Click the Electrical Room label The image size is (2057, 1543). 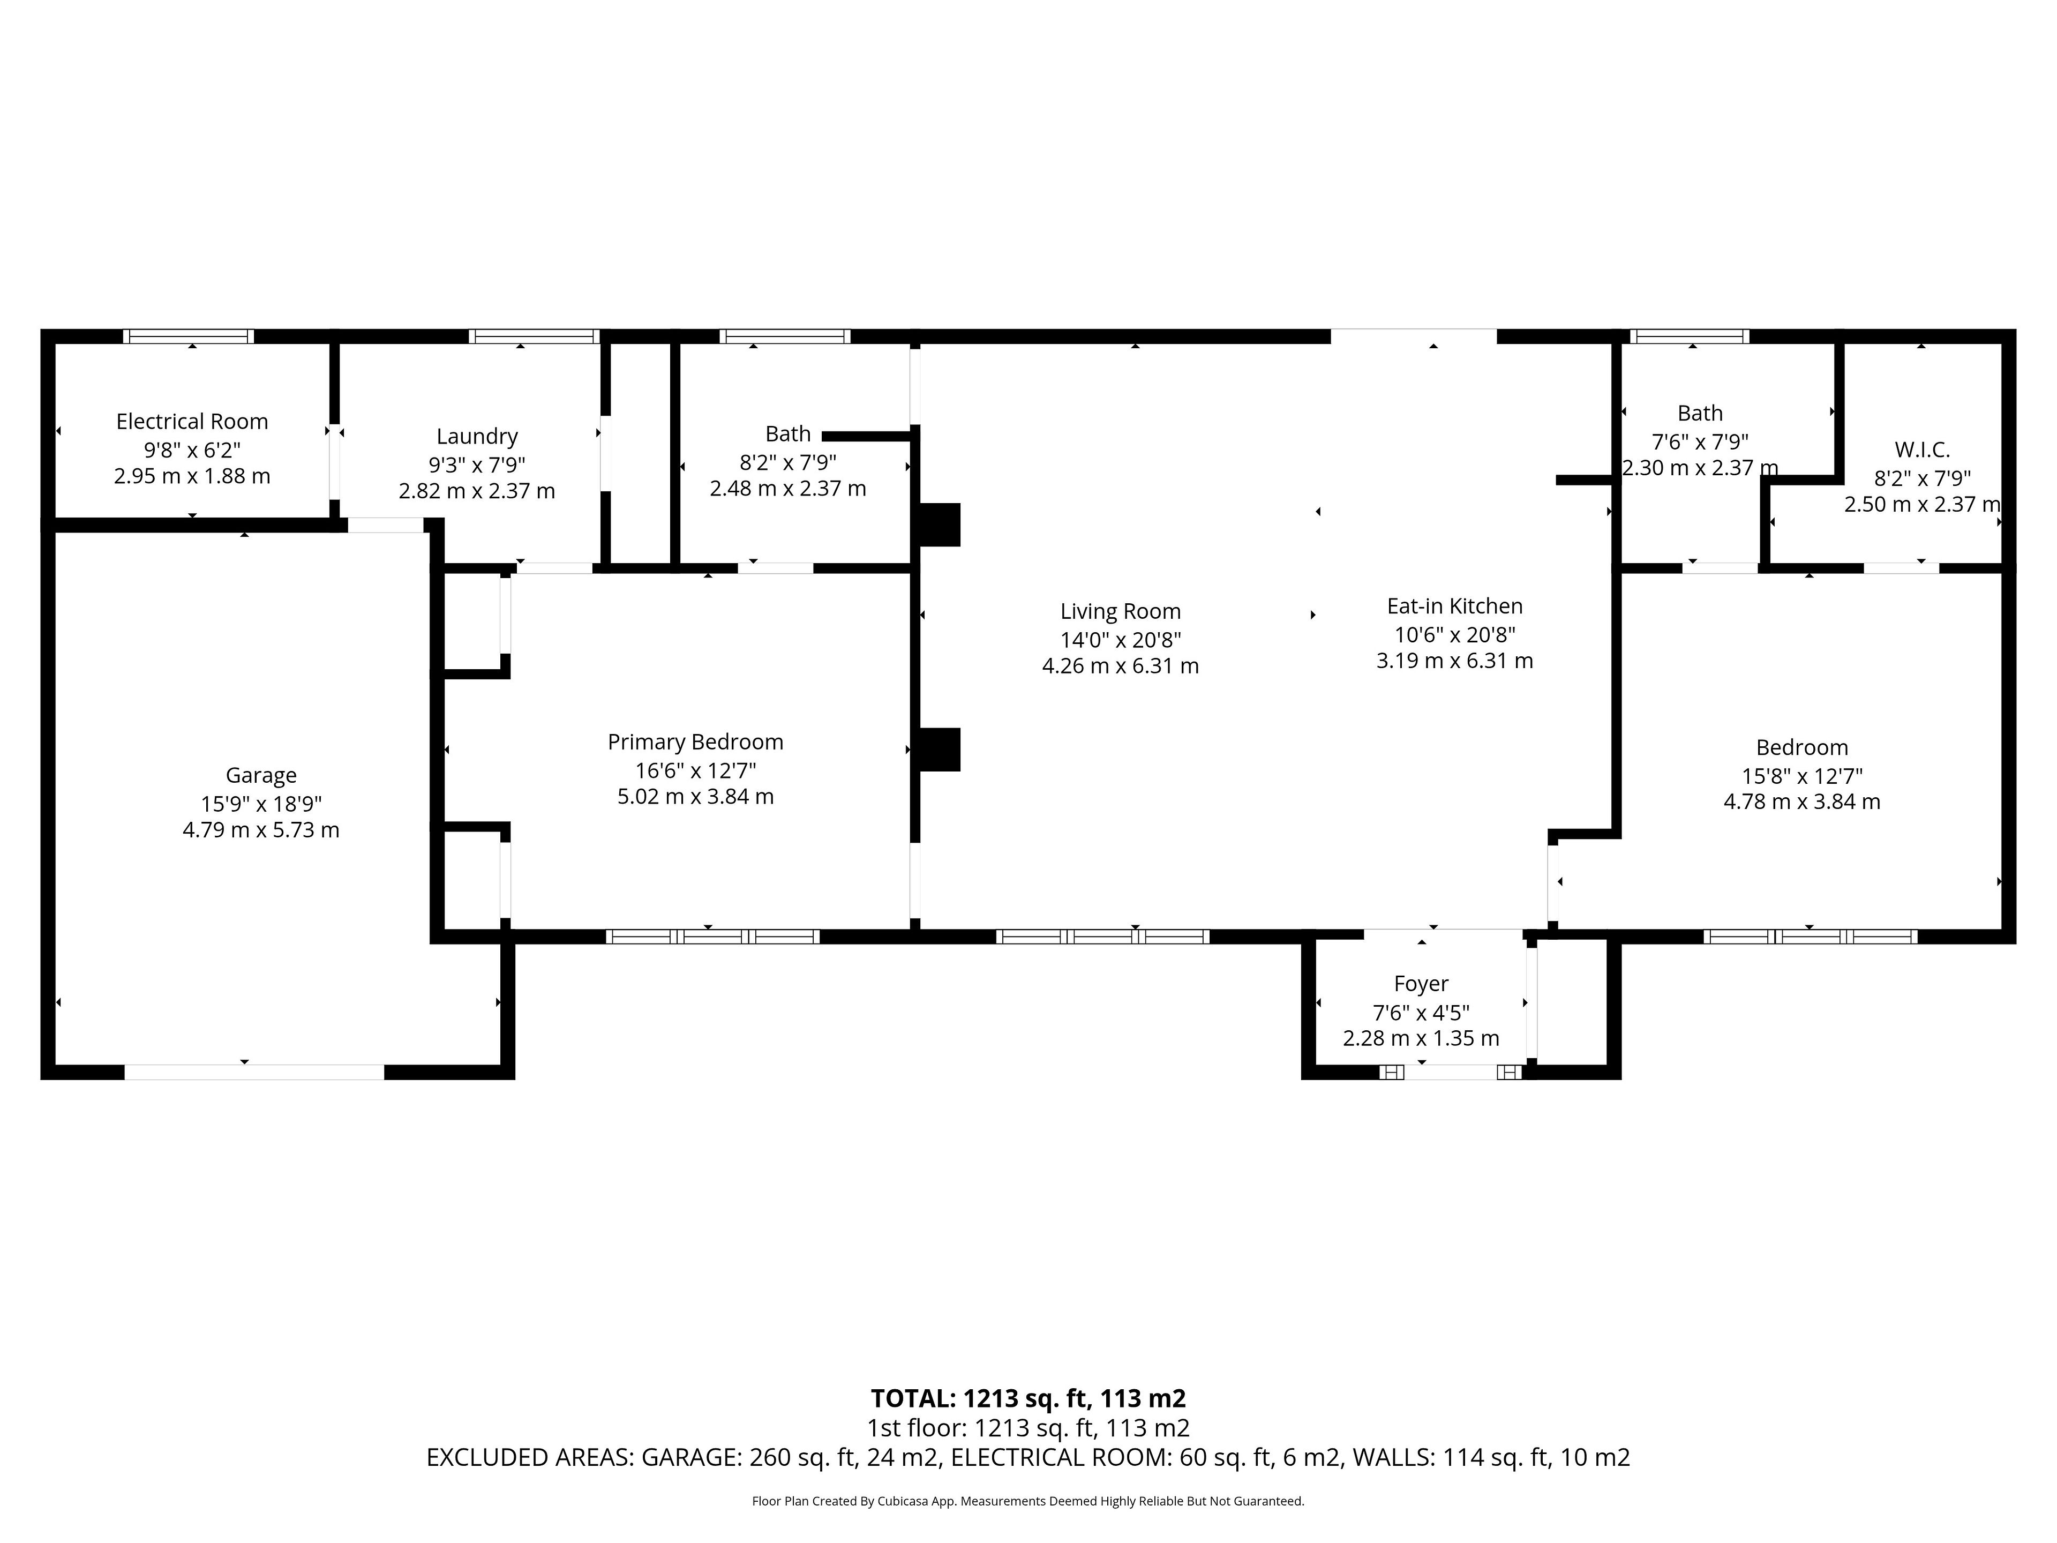pos(192,421)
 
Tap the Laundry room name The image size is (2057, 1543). pos(477,436)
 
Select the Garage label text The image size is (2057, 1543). pos(261,775)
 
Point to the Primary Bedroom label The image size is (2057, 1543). pos(696,742)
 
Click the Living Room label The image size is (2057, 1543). pos(1121,612)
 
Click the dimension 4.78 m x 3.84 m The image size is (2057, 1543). pos(1802,802)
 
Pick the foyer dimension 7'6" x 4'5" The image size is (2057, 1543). pos(1421,1012)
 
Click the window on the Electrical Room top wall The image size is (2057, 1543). pos(189,336)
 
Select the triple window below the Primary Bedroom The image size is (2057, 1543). pos(712,937)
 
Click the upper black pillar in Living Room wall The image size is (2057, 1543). pos(939,525)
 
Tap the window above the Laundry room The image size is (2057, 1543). pos(534,336)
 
